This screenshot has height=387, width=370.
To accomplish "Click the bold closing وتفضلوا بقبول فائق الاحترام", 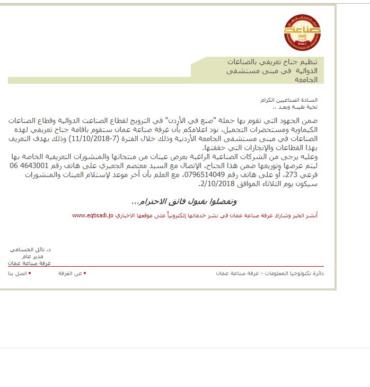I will tap(182, 201).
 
